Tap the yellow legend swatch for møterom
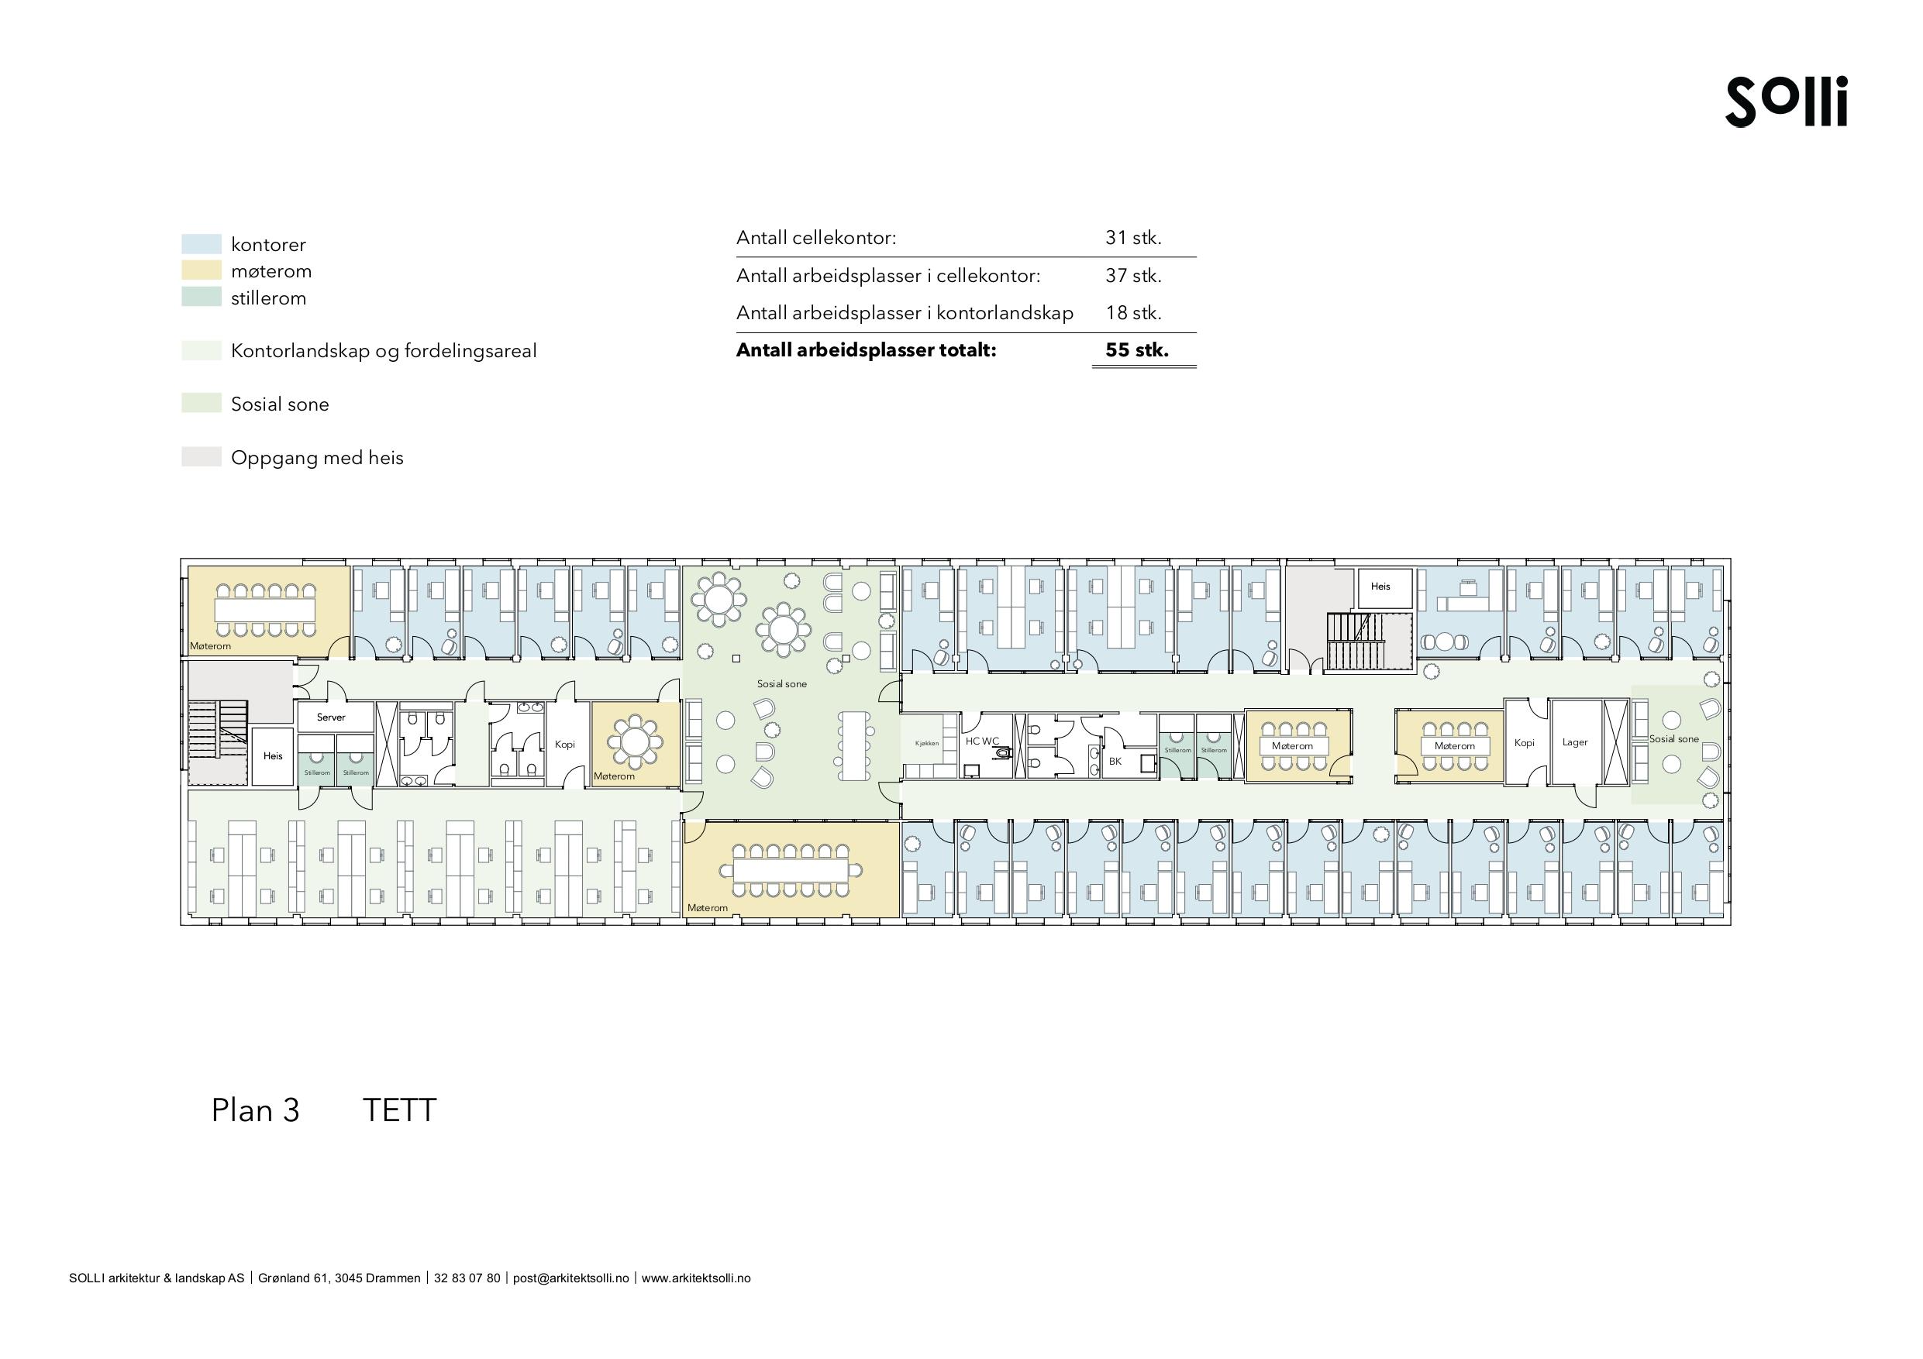point(201,270)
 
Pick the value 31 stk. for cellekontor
point(1133,238)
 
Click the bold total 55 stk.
point(1136,350)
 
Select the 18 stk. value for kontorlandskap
point(1133,313)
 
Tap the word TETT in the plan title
point(399,1110)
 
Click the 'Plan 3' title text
point(256,1110)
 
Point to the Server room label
point(331,717)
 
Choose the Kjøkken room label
point(927,744)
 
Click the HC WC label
point(981,741)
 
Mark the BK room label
point(1115,761)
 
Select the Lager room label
point(1574,743)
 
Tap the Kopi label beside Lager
point(1525,743)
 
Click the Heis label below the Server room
point(273,756)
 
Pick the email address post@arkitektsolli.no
point(570,1278)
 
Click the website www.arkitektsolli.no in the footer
point(696,1278)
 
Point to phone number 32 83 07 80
point(467,1278)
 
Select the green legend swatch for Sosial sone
point(201,403)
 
